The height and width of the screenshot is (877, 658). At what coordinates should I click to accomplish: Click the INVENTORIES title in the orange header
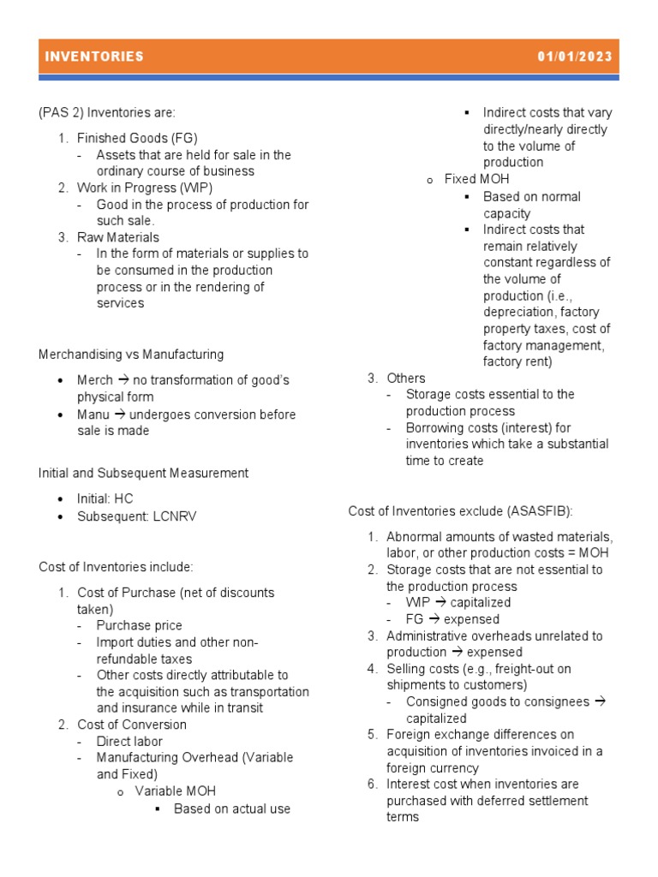tap(94, 57)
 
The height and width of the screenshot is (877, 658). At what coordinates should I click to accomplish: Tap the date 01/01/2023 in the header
tap(575, 57)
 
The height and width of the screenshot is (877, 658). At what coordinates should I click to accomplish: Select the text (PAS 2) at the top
tap(58, 112)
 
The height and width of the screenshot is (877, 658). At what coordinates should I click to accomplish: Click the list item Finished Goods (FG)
tap(137, 138)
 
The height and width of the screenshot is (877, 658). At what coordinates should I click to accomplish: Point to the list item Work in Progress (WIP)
tap(144, 188)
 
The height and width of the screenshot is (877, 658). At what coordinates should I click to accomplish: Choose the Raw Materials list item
tap(117, 237)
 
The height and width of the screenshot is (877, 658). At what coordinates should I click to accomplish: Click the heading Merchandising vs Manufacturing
tap(131, 354)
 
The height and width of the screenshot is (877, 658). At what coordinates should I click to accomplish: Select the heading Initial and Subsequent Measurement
tap(143, 473)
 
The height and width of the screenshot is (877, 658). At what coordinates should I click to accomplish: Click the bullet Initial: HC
tap(105, 498)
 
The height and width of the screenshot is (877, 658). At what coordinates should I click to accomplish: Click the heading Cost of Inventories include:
tap(117, 567)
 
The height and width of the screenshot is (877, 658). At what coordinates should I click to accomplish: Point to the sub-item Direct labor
tap(129, 742)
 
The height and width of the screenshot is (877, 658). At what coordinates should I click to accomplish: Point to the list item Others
tap(405, 378)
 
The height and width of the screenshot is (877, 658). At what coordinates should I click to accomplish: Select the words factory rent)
tap(517, 361)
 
